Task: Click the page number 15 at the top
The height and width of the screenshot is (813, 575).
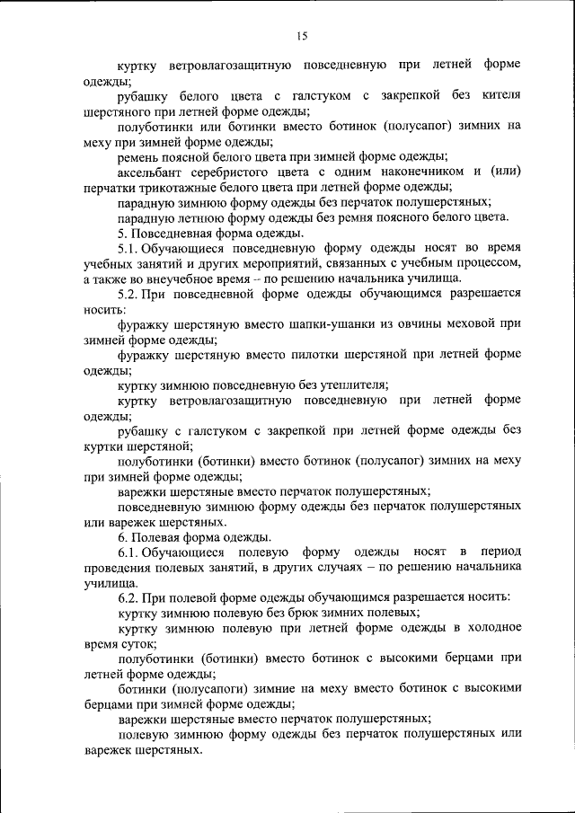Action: pos(300,36)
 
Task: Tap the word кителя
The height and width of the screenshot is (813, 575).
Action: pos(501,95)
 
